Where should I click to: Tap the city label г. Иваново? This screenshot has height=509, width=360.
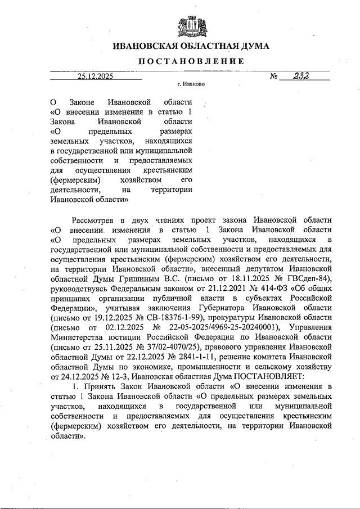191,85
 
